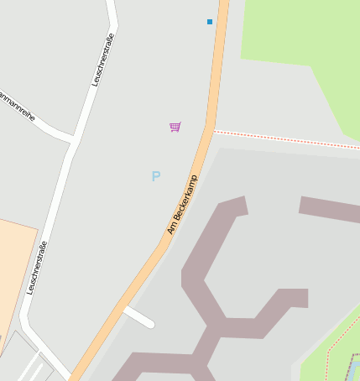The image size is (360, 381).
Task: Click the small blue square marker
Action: click(x=210, y=21)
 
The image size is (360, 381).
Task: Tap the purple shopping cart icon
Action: click(x=175, y=127)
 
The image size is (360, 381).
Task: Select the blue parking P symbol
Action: click(x=155, y=176)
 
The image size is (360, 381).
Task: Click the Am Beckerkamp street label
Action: click(x=181, y=204)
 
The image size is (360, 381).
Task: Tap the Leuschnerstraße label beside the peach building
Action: click(x=36, y=267)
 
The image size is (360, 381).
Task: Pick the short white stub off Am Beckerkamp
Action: click(x=139, y=316)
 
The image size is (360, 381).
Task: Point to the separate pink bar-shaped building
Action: click(x=328, y=210)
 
